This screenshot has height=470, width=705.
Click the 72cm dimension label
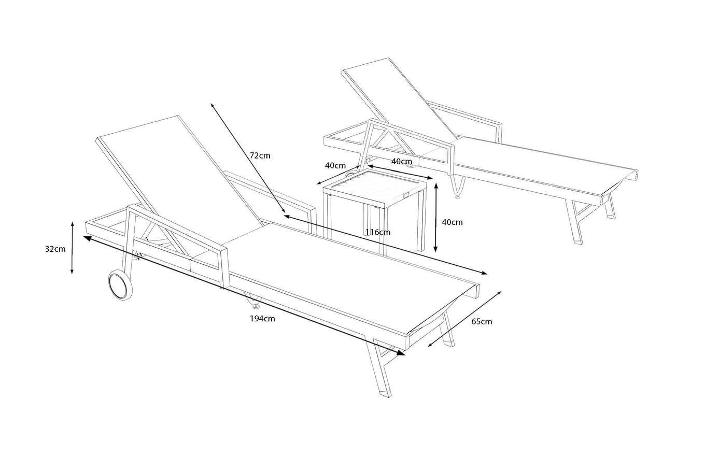click(x=260, y=155)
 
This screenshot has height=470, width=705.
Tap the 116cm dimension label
click(x=377, y=232)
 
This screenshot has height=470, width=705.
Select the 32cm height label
click(x=55, y=249)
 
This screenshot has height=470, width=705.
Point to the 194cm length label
click(x=262, y=319)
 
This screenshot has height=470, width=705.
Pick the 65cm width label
click(x=482, y=322)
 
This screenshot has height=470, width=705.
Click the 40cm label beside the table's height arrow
click(x=452, y=222)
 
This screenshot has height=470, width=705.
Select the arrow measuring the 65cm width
click(x=465, y=318)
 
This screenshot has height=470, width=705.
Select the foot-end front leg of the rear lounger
click(x=575, y=223)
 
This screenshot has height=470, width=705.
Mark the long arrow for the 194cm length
click(x=244, y=295)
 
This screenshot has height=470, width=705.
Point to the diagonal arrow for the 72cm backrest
click(x=247, y=158)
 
